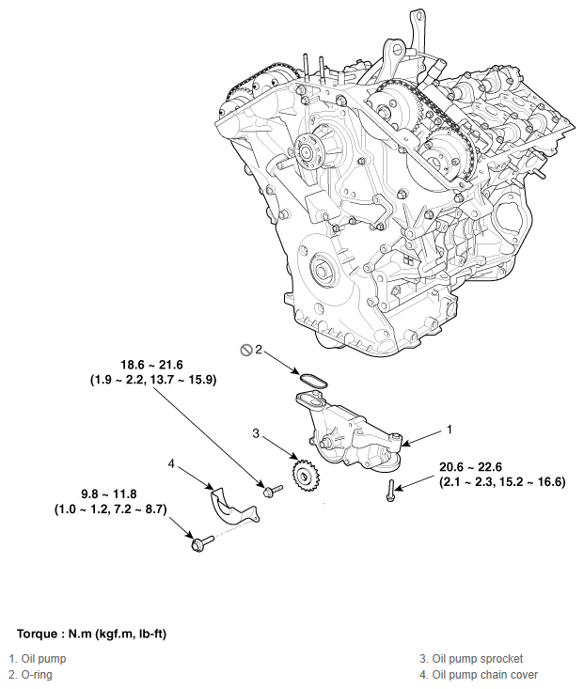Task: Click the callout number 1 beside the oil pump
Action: [450, 429]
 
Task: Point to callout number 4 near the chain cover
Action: [171, 463]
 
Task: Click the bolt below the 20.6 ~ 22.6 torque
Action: [390, 489]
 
